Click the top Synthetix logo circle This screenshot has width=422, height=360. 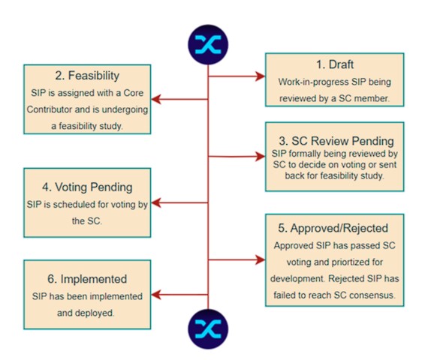(208, 45)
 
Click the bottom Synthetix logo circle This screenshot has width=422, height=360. (208, 329)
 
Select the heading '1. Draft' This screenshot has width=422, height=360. (335, 64)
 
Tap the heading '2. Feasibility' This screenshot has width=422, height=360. (87, 76)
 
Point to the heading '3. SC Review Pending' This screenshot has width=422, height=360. (336, 141)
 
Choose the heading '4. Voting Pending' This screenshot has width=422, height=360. (87, 187)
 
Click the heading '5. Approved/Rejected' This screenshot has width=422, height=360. (333, 228)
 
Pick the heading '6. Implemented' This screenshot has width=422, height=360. (87, 279)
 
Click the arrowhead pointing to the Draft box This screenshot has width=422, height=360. (261, 76)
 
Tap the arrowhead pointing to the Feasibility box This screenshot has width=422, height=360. (156, 99)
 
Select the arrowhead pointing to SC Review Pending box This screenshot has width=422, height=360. (261, 156)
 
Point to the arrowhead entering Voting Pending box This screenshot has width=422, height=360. (156, 202)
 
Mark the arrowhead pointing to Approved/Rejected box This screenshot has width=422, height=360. (261, 259)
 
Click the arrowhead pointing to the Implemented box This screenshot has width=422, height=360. (156, 295)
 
